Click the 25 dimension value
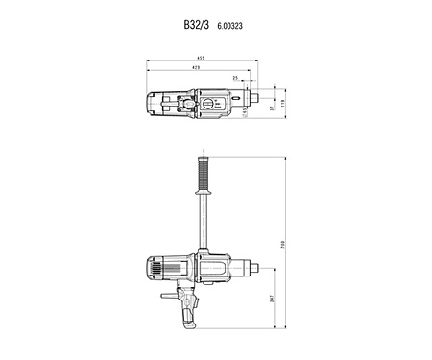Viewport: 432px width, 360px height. pos(235,78)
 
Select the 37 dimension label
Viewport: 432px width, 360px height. pos(272,108)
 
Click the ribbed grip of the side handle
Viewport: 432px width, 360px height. pos(204,174)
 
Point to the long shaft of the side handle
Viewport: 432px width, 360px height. pos(204,221)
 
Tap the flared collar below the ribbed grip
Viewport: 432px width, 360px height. pos(204,194)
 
